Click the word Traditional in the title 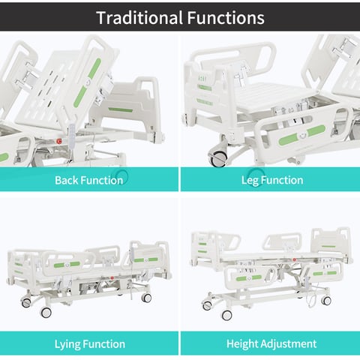pos(139,18)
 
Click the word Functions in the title pos(226,18)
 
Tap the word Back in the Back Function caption pos(67,180)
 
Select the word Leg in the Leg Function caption pos(250,181)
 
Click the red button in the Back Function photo pos(59,142)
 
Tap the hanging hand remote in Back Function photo pos(71,136)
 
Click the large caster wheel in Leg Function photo pos(218,158)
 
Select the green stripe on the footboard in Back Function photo pos(121,109)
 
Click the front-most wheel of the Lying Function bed pos(46,312)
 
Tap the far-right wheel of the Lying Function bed pos(146,298)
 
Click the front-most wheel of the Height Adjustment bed pos(226,315)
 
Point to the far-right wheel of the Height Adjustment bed pos(326,300)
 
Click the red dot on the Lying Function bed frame pos(112,278)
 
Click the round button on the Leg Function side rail pos(302,135)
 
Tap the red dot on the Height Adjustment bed pos(295,260)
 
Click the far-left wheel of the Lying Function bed pos(26,303)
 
